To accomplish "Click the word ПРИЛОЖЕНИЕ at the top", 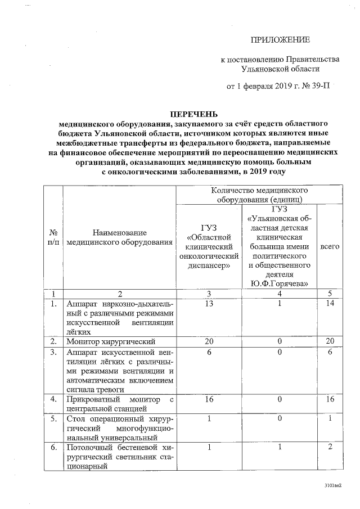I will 280,39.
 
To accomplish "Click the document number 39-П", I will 318,86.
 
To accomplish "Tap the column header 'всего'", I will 329,246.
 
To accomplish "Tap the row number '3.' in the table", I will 54,352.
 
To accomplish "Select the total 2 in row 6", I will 330,447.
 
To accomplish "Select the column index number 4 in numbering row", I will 280,294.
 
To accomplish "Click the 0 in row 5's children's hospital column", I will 280,418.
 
